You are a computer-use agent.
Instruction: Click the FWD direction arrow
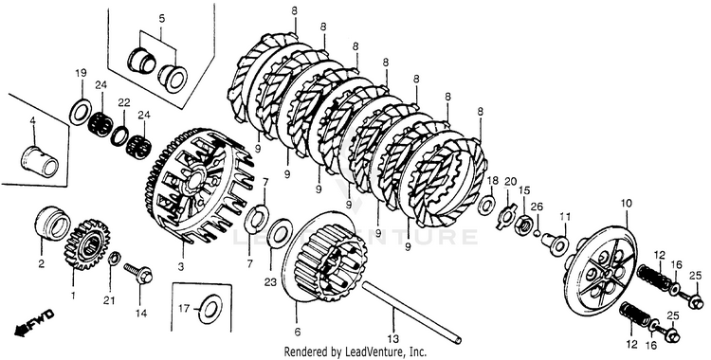coord(34,323)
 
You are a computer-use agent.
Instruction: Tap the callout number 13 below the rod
coord(393,338)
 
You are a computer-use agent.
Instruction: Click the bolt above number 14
coord(137,273)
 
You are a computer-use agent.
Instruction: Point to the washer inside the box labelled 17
coord(210,310)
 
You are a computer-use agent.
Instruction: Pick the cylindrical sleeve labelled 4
coord(40,160)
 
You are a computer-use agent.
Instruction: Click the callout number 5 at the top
coord(162,19)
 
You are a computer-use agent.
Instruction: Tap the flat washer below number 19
coord(81,111)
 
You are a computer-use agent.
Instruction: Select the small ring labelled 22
coord(120,135)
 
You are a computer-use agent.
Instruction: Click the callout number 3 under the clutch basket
coord(180,267)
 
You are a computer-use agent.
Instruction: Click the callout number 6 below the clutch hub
coord(298,332)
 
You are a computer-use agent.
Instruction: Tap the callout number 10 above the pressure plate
coord(626,204)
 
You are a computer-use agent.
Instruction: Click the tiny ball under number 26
coord(536,233)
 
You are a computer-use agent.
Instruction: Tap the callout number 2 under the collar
coord(42,263)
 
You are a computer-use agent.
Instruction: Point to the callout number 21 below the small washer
coord(109,299)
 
